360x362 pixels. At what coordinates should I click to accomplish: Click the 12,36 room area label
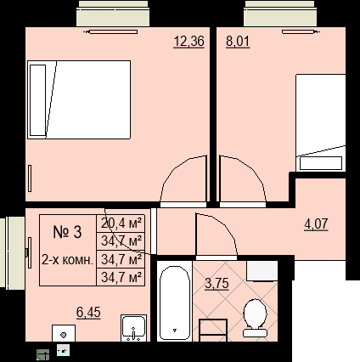pos(188,42)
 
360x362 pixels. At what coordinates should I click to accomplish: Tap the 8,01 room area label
pos(238,42)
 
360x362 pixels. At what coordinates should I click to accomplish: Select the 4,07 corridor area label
pos(316,224)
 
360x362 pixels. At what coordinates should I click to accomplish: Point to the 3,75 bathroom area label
pos(217,284)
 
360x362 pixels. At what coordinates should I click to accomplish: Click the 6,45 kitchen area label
pos(88,313)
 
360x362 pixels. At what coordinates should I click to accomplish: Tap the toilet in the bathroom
pos(255,318)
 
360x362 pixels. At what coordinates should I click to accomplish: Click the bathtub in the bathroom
pos(175,303)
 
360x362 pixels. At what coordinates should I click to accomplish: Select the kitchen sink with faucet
pos(134,328)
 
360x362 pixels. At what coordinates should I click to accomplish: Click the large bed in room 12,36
pos(79,99)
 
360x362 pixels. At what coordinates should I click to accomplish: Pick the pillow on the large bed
pos(37,100)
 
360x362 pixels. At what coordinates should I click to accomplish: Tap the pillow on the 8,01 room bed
pos(321,163)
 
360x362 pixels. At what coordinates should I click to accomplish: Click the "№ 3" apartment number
pos(67,232)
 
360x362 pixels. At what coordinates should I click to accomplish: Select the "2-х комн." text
pos(67,260)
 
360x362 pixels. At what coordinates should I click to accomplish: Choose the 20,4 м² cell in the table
pos(121,223)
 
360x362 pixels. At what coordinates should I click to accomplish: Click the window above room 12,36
pos(113,14)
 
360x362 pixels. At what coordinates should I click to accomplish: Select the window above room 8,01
pos(279,14)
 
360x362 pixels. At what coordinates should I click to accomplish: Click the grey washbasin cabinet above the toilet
pos(262,271)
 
